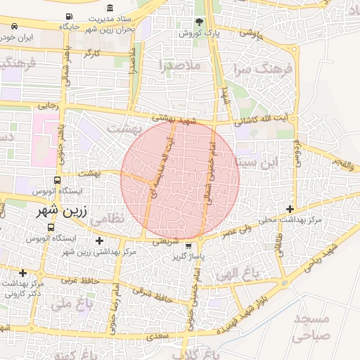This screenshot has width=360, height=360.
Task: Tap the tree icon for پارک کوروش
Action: (x=199, y=22)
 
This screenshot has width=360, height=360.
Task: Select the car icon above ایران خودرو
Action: (x=15, y=26)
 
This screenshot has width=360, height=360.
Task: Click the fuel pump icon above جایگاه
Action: (x=67, y=16)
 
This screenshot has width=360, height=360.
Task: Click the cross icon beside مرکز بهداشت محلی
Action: (x=290, y=209)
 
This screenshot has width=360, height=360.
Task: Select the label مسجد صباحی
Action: (x=311, y=328)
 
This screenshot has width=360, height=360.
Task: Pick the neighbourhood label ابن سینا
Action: (x=257, y=162)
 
